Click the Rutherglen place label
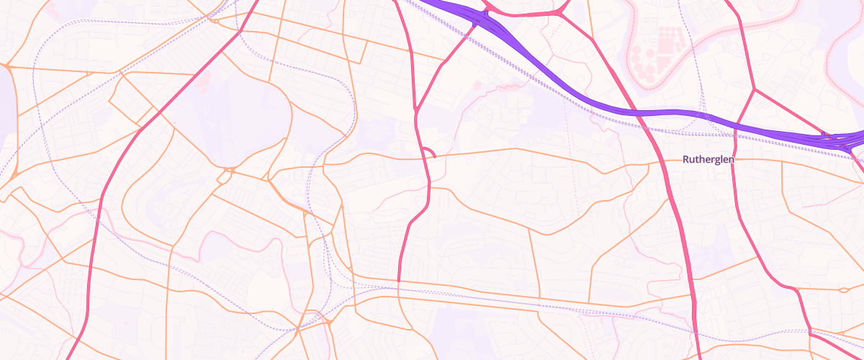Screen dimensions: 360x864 (x=708, y=160)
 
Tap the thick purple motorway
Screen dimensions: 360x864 (x=576, y=94)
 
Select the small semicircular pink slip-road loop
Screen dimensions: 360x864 (x=428, y=151)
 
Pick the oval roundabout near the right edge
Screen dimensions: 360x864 (x=844, y=290)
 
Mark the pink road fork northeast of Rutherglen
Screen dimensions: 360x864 (x=754, y=91)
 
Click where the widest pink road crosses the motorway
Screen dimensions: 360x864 (x=637, y=113)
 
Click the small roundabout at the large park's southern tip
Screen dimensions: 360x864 (x=229, y=171)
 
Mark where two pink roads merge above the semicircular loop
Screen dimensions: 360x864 (x=417, y=111)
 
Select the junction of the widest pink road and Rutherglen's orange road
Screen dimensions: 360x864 (x=660, y=162)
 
